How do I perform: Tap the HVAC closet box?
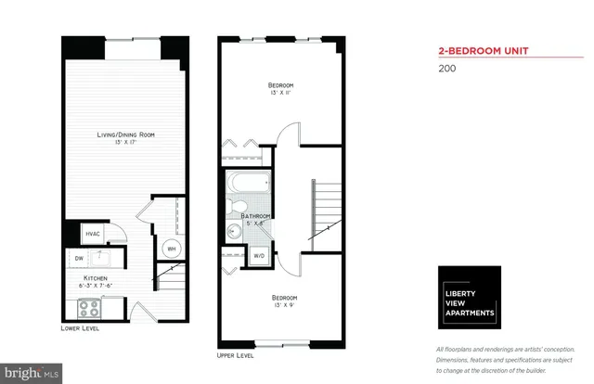[94, 234]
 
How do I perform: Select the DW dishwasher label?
[80, 258]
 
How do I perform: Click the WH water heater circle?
[171, 249]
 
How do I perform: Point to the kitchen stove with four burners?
[93, 305]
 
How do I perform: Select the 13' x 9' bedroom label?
[283, 301]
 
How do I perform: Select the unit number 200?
[446, 69]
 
